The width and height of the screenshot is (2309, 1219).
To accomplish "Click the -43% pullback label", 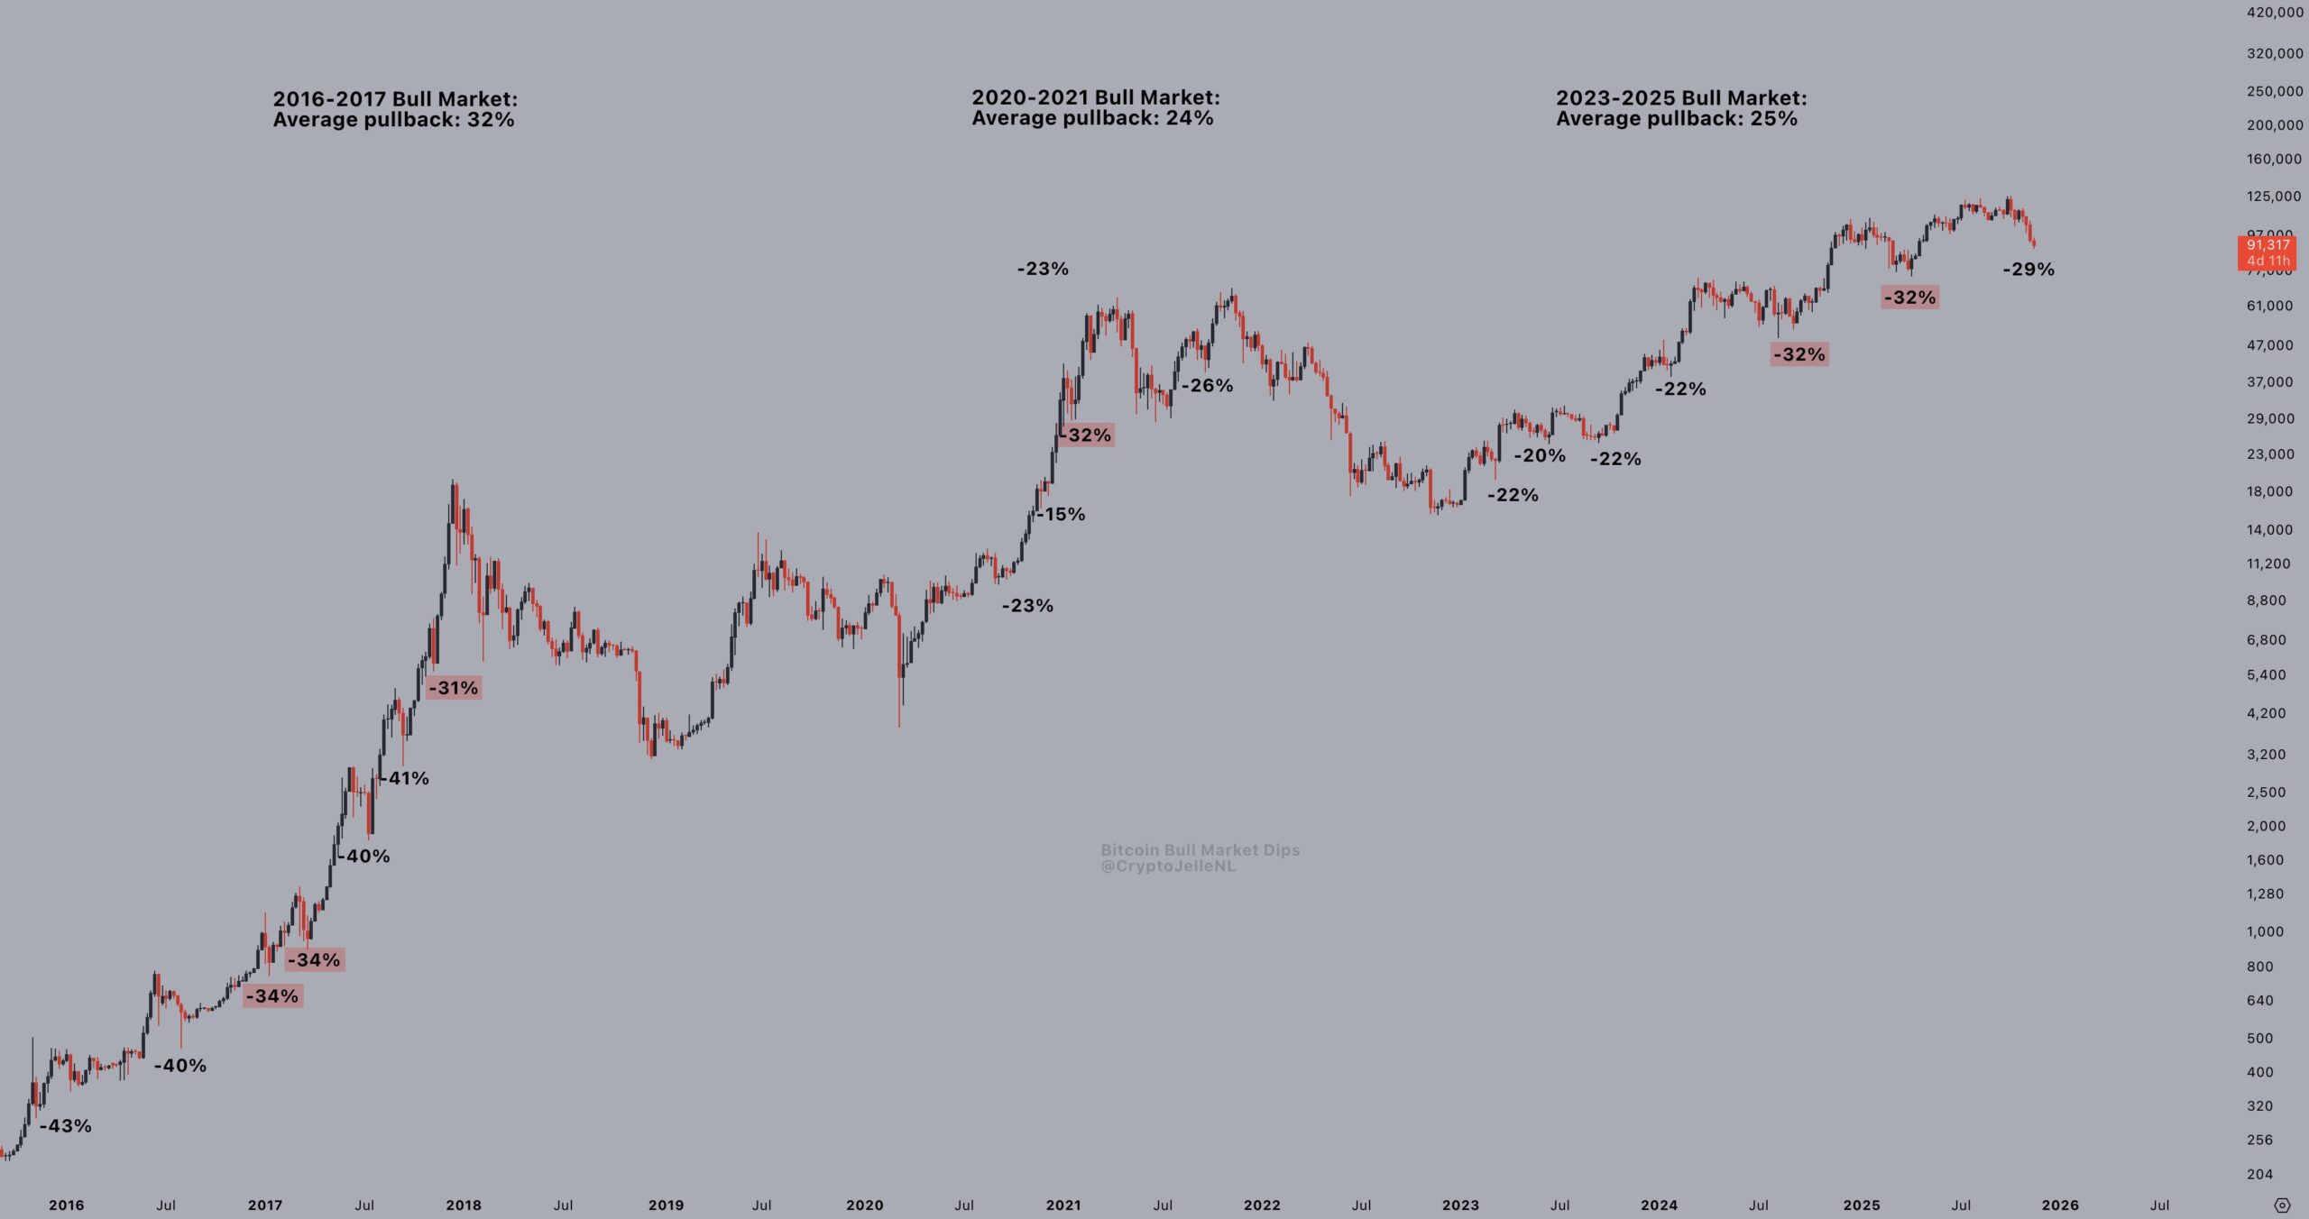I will (x=66, y=1126).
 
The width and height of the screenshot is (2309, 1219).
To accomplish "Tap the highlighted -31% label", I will (x=454, y=688).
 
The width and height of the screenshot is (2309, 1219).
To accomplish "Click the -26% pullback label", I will (x=1208, y=385).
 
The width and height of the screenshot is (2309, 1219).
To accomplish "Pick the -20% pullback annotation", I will (x=1540, y=455).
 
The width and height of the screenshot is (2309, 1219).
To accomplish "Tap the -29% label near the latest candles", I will (x=2028, y=269).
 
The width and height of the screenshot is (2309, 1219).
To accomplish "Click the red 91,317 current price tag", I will (x=2268, y=245).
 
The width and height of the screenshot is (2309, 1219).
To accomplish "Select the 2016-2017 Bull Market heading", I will (x=395, y=99).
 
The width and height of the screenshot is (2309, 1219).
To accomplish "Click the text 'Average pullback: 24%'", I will (x=1092, y=118).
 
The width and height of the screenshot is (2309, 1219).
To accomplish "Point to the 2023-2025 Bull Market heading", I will (x=1681, y=98).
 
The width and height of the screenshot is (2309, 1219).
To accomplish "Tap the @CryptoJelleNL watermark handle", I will (x=1168, y=866).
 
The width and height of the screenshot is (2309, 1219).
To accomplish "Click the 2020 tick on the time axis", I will (x=864, y=1205).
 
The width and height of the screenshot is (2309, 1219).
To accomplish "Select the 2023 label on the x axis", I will (x=1460, y=1205).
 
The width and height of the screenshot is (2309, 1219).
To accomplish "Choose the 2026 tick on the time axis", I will (x=2060, y=1205).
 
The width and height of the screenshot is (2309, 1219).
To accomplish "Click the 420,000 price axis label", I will (x=2275, y=13).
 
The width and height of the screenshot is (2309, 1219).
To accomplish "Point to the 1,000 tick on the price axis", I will (x=2265, y=931).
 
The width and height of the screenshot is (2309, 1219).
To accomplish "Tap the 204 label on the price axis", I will (x=2259, y=1174).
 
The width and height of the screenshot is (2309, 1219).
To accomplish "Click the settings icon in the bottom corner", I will (x=2282, y=1205).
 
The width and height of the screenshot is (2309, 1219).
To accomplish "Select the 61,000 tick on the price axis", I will (x=2269, y=306).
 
